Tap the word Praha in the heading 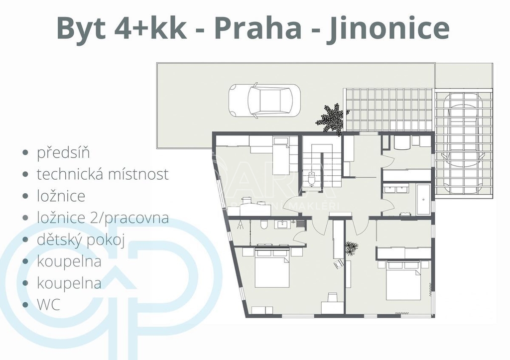[x=258, y=28]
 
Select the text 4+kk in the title [x=150, y=28]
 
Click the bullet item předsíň [x=63, y=152]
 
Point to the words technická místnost [x=103, y=174]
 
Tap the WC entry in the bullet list [x=48, y=305]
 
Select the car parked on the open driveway [x=264, y=100]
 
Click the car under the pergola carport [x=464, y=143]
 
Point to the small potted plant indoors [x=351, y=248]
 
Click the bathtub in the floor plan [x=423, y=199]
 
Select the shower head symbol [x=241, y=225]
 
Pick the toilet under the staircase [x=311, y=178]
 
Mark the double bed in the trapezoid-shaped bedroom [x=272, y=268]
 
